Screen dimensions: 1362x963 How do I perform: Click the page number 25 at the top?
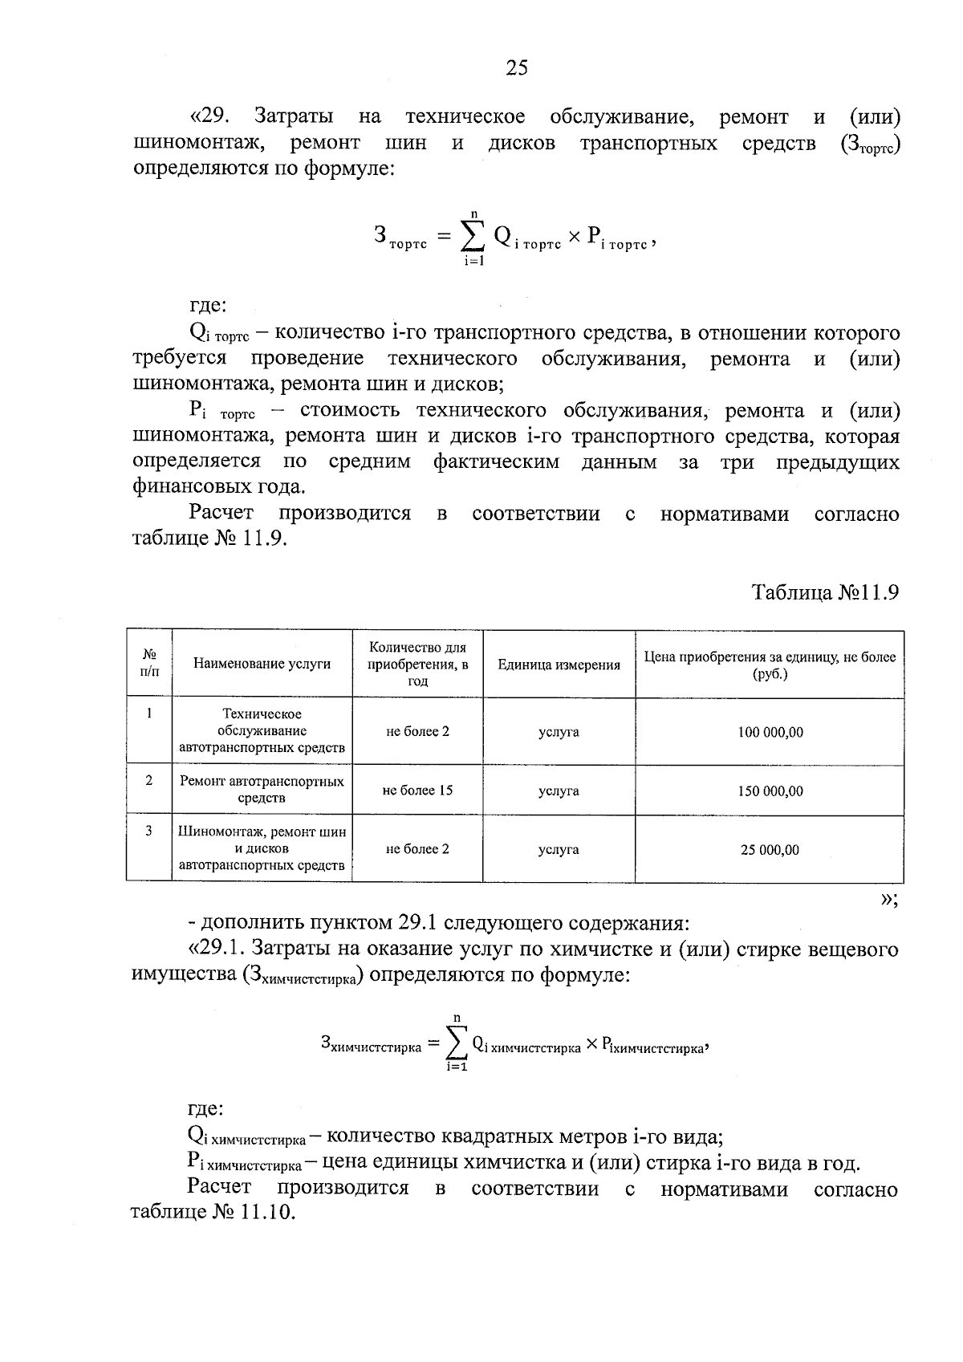coord(517,68)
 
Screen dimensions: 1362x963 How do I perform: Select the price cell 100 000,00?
coord(770,732)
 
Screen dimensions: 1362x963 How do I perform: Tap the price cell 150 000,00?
coord(770,791)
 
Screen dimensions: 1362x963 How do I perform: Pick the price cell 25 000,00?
coord(770,850)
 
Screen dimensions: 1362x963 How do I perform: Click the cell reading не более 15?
coord(417,791)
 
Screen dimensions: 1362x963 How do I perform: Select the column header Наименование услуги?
coord(262,665)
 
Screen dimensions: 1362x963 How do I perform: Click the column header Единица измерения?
coord(559,665)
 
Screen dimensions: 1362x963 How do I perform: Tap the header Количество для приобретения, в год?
coord(417,664)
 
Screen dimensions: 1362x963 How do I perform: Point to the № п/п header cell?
coord(149,664)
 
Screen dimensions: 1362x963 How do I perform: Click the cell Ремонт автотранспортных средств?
coord(262,790)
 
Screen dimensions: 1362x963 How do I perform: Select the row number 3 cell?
coord(149,831)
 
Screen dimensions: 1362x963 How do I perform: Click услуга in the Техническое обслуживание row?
coord(559,732)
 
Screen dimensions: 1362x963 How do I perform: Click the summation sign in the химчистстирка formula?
coord(457,1043)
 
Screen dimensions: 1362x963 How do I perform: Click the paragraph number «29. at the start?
coord(210,117)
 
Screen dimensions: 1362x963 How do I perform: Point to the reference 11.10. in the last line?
coord(267,1213)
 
